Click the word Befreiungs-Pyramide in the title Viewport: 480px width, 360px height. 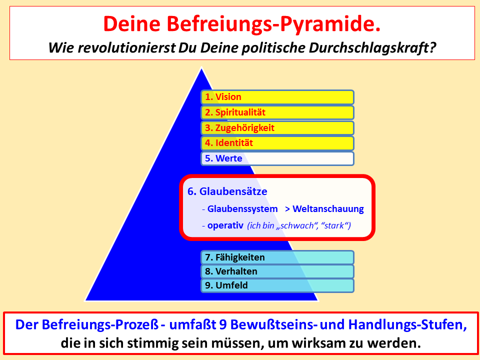(x=274, y=24)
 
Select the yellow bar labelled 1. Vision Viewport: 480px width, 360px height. (x=277, y=97)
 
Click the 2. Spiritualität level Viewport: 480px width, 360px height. (x=277, y=112)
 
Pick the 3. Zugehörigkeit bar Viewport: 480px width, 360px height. (x=277, y=128)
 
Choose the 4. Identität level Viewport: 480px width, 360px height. (x=277, y=143)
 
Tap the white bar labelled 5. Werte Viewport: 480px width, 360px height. (x=277, y=158)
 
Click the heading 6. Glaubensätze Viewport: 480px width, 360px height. (x=227, y=191)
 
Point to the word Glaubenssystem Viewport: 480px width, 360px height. (x=242, y=209)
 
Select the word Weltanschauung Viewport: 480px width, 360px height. (x=328, y=209)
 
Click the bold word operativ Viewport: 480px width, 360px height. (x=225, y=225)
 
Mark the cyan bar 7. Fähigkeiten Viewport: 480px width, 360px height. (x=277, y=257)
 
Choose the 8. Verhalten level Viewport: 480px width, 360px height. (x=277, y=271)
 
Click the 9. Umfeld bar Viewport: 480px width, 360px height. (x=277, y=285)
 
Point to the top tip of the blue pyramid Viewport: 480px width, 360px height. (x=201, y=68)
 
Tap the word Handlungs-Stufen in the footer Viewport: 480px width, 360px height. (x=407, y=325)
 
